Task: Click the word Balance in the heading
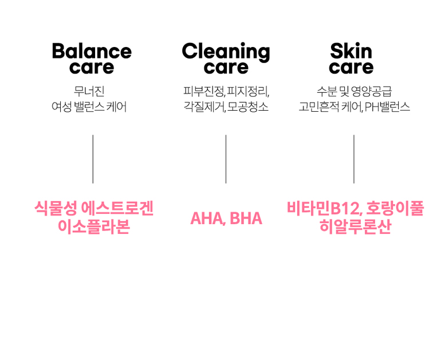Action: tap(92, 51)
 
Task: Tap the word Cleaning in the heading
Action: tap(226, 52)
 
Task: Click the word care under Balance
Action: tap(92, 68)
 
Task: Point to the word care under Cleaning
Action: tap(226, 68)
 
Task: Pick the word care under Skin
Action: tap(351, 68)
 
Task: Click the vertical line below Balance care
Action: tap(93, 159)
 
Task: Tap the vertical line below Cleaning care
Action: tap(226, 159)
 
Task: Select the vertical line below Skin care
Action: tap(354, 159)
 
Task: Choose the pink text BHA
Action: tap(246, 218)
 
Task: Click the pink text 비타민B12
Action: tap(324, 209)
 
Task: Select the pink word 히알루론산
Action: tap(355, 226)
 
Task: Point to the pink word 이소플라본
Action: tap(94, 226)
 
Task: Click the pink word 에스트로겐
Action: tap(117, 209)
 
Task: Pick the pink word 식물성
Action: tap(56, 209)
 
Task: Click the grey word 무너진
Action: tap(89, 91)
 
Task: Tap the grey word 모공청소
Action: tap(247, 107)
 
